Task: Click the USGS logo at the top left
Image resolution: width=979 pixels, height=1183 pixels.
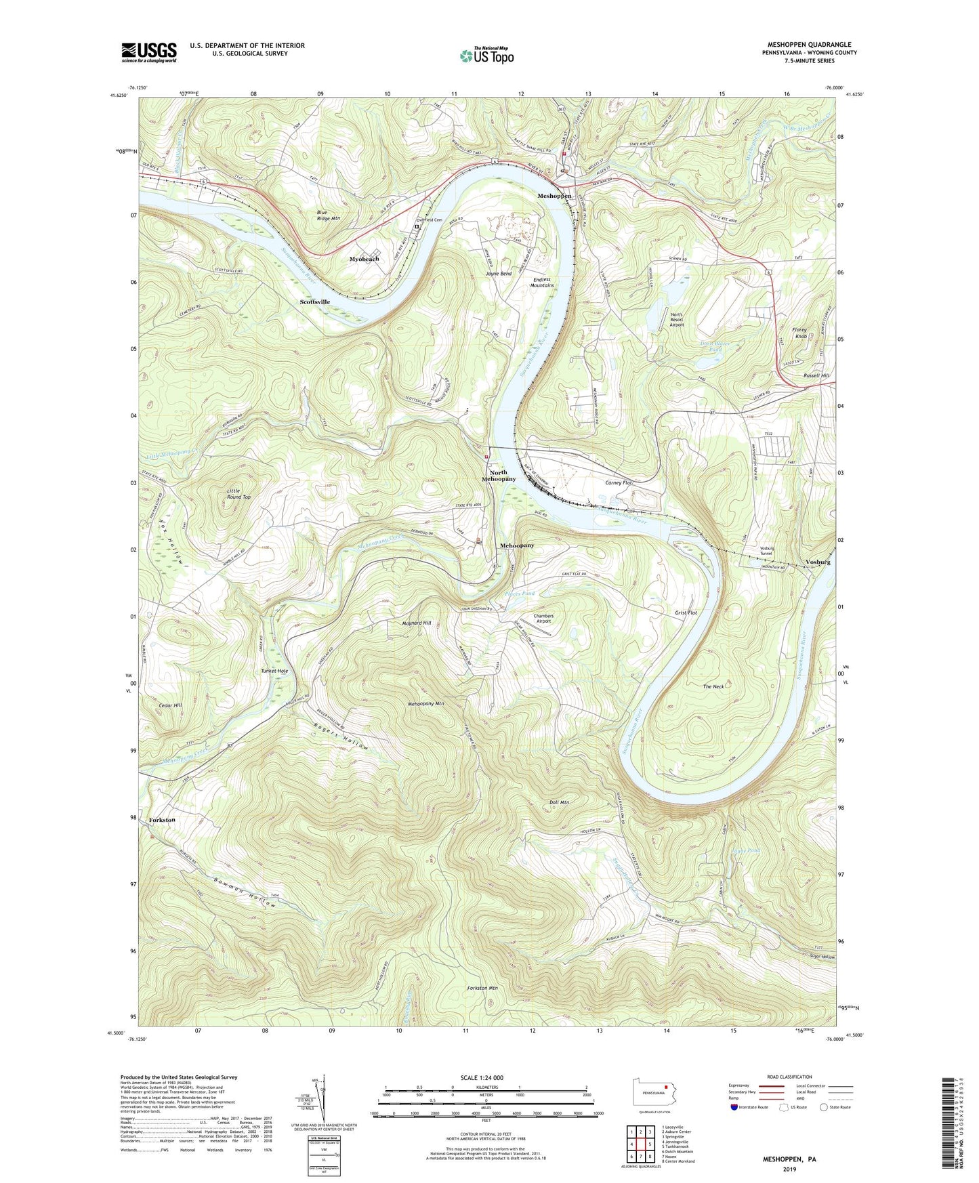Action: coord(149,52)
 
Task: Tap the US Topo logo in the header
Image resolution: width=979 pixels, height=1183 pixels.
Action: coord(486,56)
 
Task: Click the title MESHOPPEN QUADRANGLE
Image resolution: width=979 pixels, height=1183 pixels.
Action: coord(810,45)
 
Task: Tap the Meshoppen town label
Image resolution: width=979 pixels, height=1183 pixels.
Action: coord(554,196)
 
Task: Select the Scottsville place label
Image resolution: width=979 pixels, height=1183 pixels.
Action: coord(315,302)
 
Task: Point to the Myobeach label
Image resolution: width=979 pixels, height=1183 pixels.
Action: coord(364,259)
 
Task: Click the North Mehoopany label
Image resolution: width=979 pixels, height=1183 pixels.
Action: coord(499,476)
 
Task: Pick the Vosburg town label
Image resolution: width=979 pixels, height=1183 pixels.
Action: coord(818,562)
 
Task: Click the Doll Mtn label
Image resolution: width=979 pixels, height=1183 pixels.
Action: coord(559,802)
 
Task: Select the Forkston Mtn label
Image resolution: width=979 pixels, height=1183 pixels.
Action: coord(482,988)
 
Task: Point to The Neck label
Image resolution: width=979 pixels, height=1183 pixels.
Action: coord(713,686)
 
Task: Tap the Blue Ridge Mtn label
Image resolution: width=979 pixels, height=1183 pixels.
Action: coord(328,215)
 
